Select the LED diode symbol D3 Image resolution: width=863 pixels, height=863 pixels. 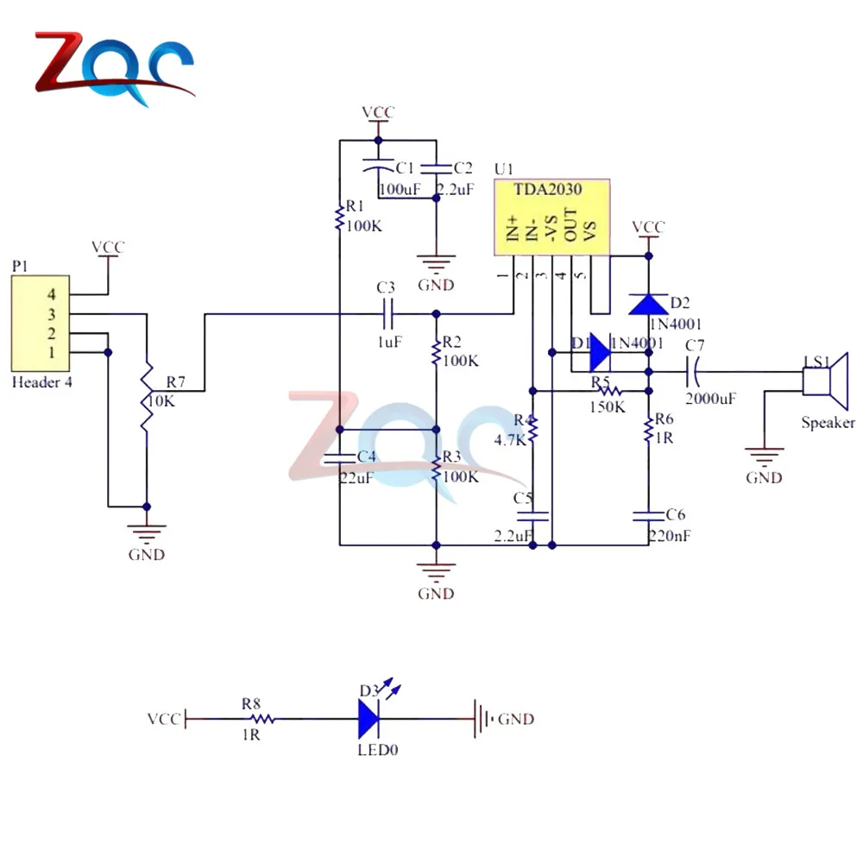(369, 718)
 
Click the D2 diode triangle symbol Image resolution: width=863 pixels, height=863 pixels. (647, 304)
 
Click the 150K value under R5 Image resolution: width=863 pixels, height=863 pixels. (608, 406)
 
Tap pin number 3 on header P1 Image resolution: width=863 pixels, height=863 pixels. (51, 314)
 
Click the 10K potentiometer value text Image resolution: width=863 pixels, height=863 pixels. (162, 401)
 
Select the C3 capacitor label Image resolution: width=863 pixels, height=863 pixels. (386, 287)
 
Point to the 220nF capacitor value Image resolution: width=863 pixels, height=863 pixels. (670, 536)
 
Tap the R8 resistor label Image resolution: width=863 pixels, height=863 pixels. (251, 703)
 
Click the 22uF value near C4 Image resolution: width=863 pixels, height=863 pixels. (356, 478)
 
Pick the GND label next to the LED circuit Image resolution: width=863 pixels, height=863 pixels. (516, 719)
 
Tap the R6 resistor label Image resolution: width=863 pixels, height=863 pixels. (665, 419)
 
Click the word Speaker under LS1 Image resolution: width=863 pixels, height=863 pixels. (828, 423)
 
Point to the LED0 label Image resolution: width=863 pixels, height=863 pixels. (378, 750)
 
